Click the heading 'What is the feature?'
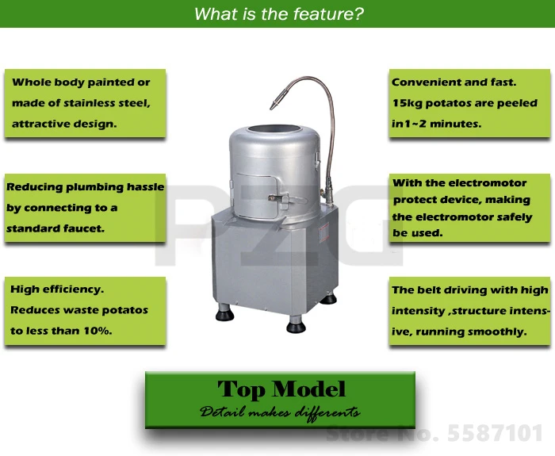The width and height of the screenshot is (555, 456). (278, 13)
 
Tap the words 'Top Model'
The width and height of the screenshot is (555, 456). (281, 389)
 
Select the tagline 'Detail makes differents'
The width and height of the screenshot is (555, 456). (280, 412)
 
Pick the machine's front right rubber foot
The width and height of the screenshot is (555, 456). (296, 325)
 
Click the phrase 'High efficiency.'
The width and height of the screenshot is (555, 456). (58, 289)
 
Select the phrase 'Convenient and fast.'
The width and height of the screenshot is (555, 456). (454, 82)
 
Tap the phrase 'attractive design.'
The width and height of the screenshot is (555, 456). (64, 124)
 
